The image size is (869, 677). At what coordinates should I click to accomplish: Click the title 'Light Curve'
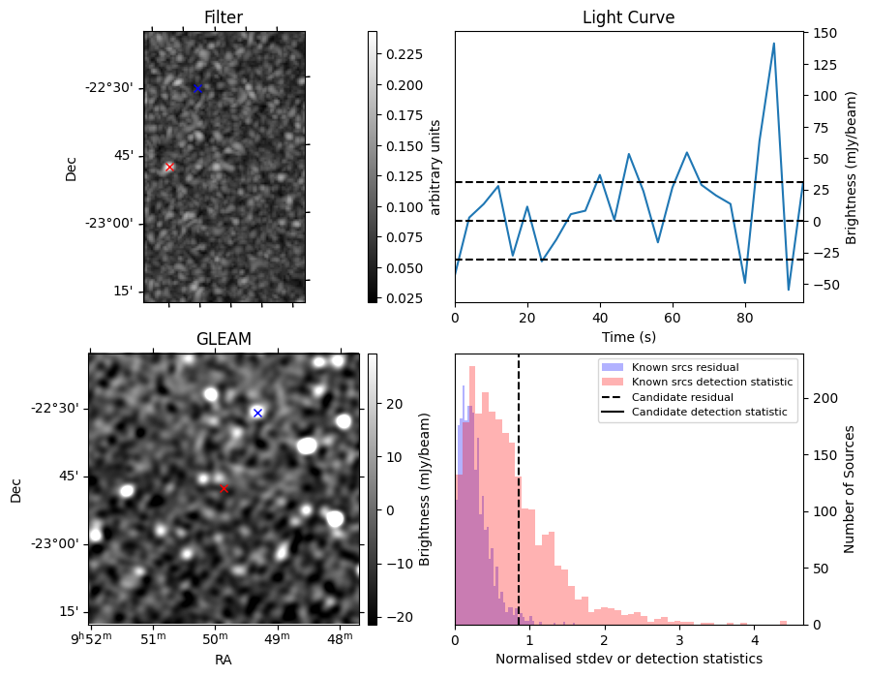628,17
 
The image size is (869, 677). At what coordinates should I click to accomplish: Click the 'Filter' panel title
224,17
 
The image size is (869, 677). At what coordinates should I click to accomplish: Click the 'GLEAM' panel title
224,339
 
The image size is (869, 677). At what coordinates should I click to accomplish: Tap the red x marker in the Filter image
169,167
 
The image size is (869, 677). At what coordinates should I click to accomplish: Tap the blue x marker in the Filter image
197,88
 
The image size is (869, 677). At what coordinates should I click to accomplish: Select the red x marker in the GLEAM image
224,488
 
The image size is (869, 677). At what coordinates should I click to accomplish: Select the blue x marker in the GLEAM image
257,413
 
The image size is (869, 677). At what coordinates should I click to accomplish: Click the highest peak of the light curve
774,44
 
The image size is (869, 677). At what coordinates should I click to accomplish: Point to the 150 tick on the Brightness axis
824,33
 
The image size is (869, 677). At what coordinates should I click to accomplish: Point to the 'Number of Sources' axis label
850,488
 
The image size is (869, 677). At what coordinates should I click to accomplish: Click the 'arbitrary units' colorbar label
435,167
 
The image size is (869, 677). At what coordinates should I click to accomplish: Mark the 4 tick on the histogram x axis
754,640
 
